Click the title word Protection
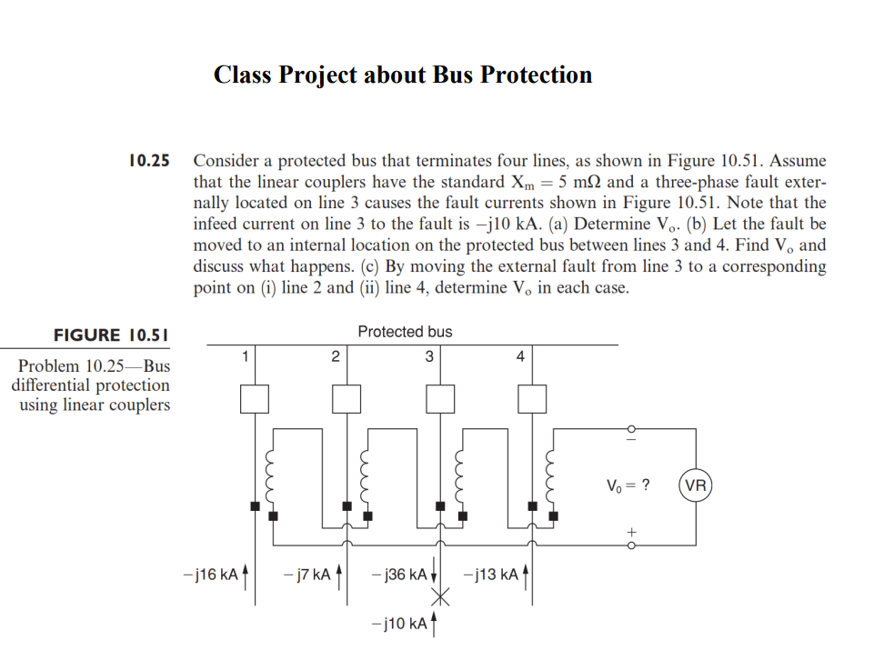point(536,75)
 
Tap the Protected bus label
point(405,332)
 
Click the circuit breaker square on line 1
point(254,397)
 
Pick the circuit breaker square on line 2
point(347,397)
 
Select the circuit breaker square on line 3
point(441,397)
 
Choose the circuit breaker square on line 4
point(533,397)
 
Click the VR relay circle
point(695,485)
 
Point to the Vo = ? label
point(628,484)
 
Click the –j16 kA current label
point(210,575)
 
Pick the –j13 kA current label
point(491,575)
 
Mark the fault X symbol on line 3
point(441,597)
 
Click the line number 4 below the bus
point(519,356)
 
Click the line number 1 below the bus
point(243,356)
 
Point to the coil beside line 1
point(269,467)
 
